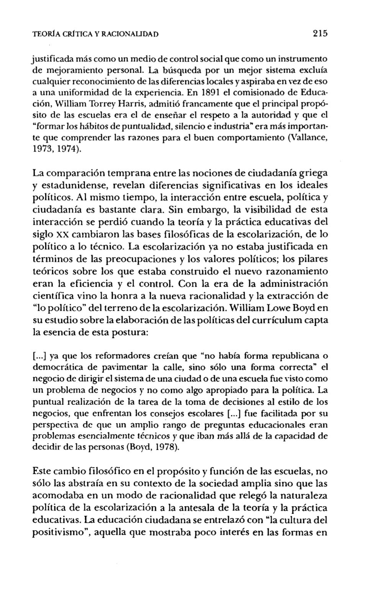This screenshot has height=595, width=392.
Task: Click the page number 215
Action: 319,33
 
